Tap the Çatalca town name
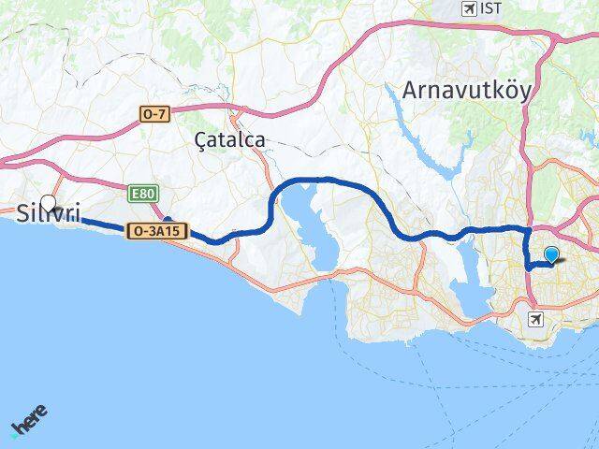click(229, 139)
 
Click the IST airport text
click(490, 8)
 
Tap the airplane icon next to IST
click(469, 8)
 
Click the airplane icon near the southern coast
click(535, 320)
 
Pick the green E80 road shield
click(143, 193)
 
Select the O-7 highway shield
click(154, 113)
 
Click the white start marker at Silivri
click(48, 201)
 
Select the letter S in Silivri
click(22, 214)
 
